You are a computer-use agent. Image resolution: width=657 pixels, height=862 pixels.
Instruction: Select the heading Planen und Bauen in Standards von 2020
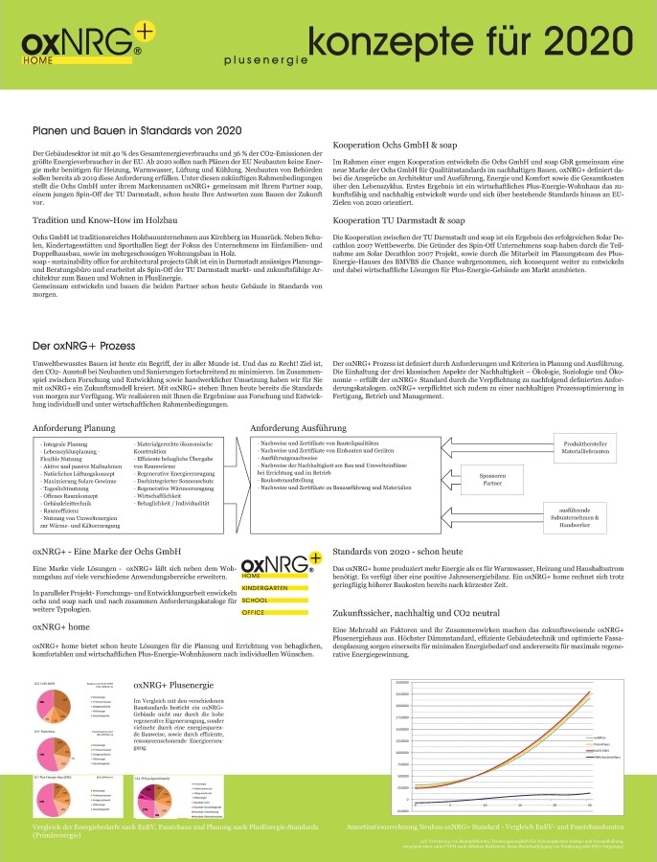click(x=136, y=130)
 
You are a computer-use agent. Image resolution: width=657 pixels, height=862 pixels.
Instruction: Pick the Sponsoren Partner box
click(x=492, y=478)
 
